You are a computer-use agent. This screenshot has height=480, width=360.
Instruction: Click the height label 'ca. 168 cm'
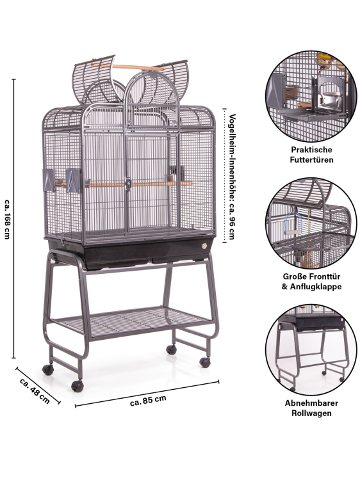tap(8, 219)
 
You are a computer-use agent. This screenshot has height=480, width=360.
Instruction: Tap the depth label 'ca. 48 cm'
tap(35, 390)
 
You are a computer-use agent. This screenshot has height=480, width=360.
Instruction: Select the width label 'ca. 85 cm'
tap(148, 401)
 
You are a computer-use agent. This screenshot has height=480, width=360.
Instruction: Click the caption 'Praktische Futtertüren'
tap(311, 155)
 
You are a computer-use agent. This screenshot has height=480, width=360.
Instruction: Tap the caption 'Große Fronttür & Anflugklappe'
tap(311, 282)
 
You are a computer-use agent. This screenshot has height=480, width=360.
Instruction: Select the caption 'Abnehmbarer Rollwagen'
tap(311, 408)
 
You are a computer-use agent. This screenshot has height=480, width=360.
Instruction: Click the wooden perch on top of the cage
tap(127, 67)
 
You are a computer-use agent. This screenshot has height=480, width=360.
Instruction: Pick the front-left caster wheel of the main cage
tap(78, 387)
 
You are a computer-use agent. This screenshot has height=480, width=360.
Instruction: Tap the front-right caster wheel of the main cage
tap(205, 362)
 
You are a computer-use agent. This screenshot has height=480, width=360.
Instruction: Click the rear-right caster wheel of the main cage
tap(171, 349)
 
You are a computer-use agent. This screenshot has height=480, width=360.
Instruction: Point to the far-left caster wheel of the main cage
tap(48, 370)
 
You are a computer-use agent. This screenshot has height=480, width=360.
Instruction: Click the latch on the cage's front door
tap(128, 184)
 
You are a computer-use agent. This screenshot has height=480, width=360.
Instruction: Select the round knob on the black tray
tap(205, 245)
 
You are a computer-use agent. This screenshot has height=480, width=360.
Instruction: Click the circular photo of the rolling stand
tap(311, 349)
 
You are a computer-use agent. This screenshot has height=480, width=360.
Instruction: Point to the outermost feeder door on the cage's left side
tap(49, 180)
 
